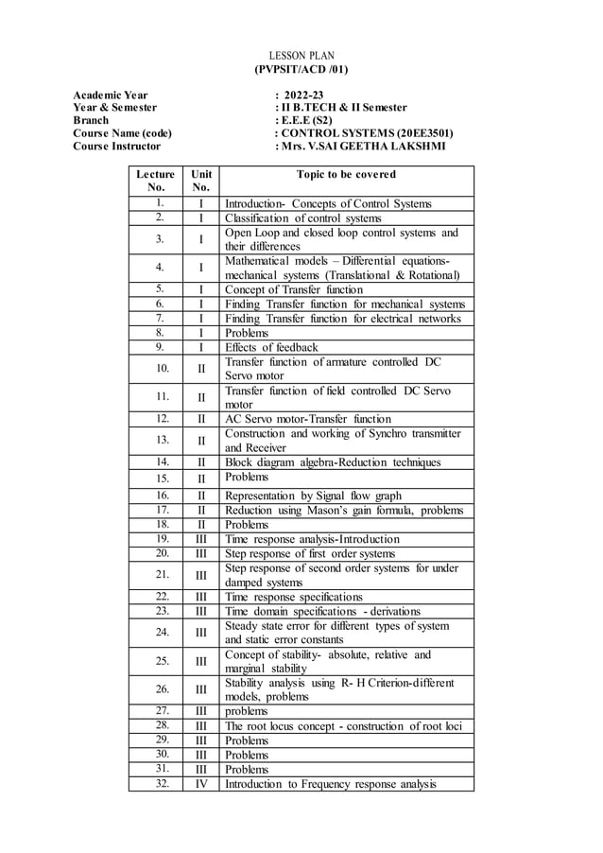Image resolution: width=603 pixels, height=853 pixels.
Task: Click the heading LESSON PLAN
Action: point(301,57)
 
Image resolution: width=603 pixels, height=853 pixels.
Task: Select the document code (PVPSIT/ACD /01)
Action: point(301,70)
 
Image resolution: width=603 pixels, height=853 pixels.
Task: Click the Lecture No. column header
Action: point(155,181)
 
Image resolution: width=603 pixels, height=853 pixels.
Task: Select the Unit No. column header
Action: point(201,181)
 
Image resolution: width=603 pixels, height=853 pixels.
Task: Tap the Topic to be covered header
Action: point(346,175)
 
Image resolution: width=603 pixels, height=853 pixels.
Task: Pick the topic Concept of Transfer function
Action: point(293,289)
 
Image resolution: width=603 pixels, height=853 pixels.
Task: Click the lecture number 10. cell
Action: point(162,368)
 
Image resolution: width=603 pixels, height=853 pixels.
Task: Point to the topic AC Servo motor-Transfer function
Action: point(306,418)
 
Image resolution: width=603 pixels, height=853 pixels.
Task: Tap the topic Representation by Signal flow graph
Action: point(313,495)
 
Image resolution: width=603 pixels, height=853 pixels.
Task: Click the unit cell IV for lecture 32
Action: point(201,783)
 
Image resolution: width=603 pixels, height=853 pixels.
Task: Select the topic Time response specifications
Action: point(293,597)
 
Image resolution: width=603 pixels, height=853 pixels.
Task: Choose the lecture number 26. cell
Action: point(162,688)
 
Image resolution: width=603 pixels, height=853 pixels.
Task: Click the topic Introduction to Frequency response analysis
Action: point(331,784)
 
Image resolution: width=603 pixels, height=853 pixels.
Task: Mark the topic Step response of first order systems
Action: point(310,553)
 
